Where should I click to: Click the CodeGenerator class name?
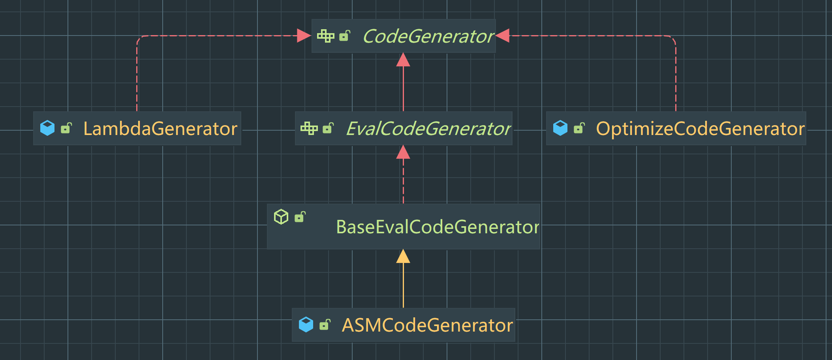[428, 36]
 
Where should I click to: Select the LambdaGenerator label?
[160, 129]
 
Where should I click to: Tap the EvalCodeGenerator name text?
[428, 129]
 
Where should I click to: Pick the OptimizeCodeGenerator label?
[700, 129]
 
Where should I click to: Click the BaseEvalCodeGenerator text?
[437, 227]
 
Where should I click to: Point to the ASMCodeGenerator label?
[427, 325]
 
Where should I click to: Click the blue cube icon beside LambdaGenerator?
[47, 128]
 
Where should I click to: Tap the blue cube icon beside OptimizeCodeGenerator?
[560, 128]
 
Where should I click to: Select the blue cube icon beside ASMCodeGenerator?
[306, 324]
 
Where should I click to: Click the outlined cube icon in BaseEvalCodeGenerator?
[281, 217]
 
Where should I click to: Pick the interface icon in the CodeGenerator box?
[326, 36]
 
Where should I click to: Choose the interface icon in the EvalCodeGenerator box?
[309, 128]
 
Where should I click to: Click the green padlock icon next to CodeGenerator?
[345, 36]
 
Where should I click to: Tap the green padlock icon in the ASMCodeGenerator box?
[325, 324]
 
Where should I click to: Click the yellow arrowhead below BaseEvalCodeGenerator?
[403, 257]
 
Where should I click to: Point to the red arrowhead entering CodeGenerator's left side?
[304, 36]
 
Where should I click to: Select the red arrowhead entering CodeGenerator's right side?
[503, 36]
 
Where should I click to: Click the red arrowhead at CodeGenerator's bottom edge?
[403, 60]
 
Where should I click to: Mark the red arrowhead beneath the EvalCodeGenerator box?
[403, 152]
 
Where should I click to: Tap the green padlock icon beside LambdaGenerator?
[66, 128]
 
